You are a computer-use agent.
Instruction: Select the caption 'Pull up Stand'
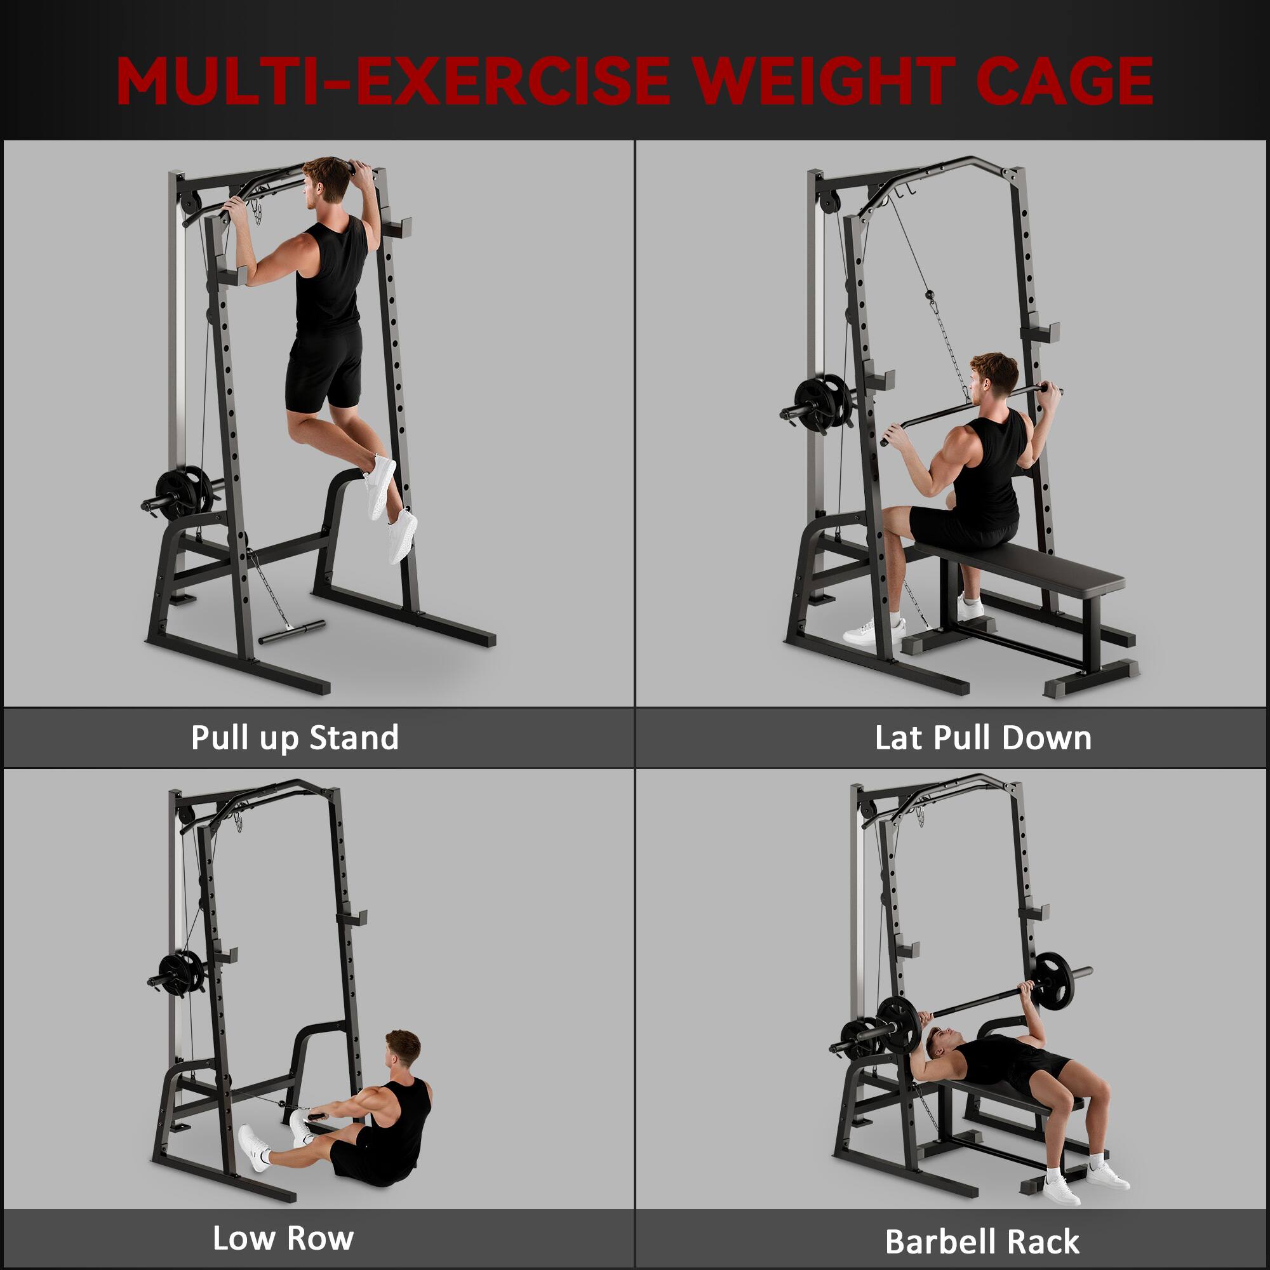tap(295, 737)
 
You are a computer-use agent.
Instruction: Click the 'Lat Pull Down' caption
tap(983, 737)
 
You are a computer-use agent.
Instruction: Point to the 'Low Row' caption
tap(283, 1238)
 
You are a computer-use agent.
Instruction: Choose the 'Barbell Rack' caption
tap(982, 1241)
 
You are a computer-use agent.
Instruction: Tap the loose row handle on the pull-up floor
tap(292, 631)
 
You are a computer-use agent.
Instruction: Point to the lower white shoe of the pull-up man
tap(402, 536)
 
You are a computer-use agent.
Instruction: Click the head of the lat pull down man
tap(994, 378)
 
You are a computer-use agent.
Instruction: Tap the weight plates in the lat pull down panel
tap(823, 403)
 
